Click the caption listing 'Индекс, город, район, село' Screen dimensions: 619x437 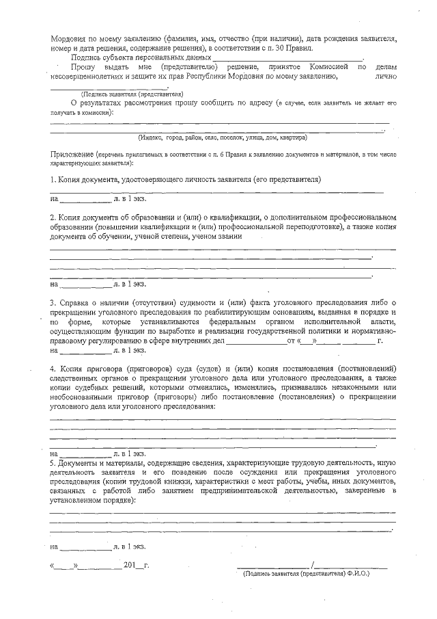point(222,137)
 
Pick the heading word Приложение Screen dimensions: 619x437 point(72,156)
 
